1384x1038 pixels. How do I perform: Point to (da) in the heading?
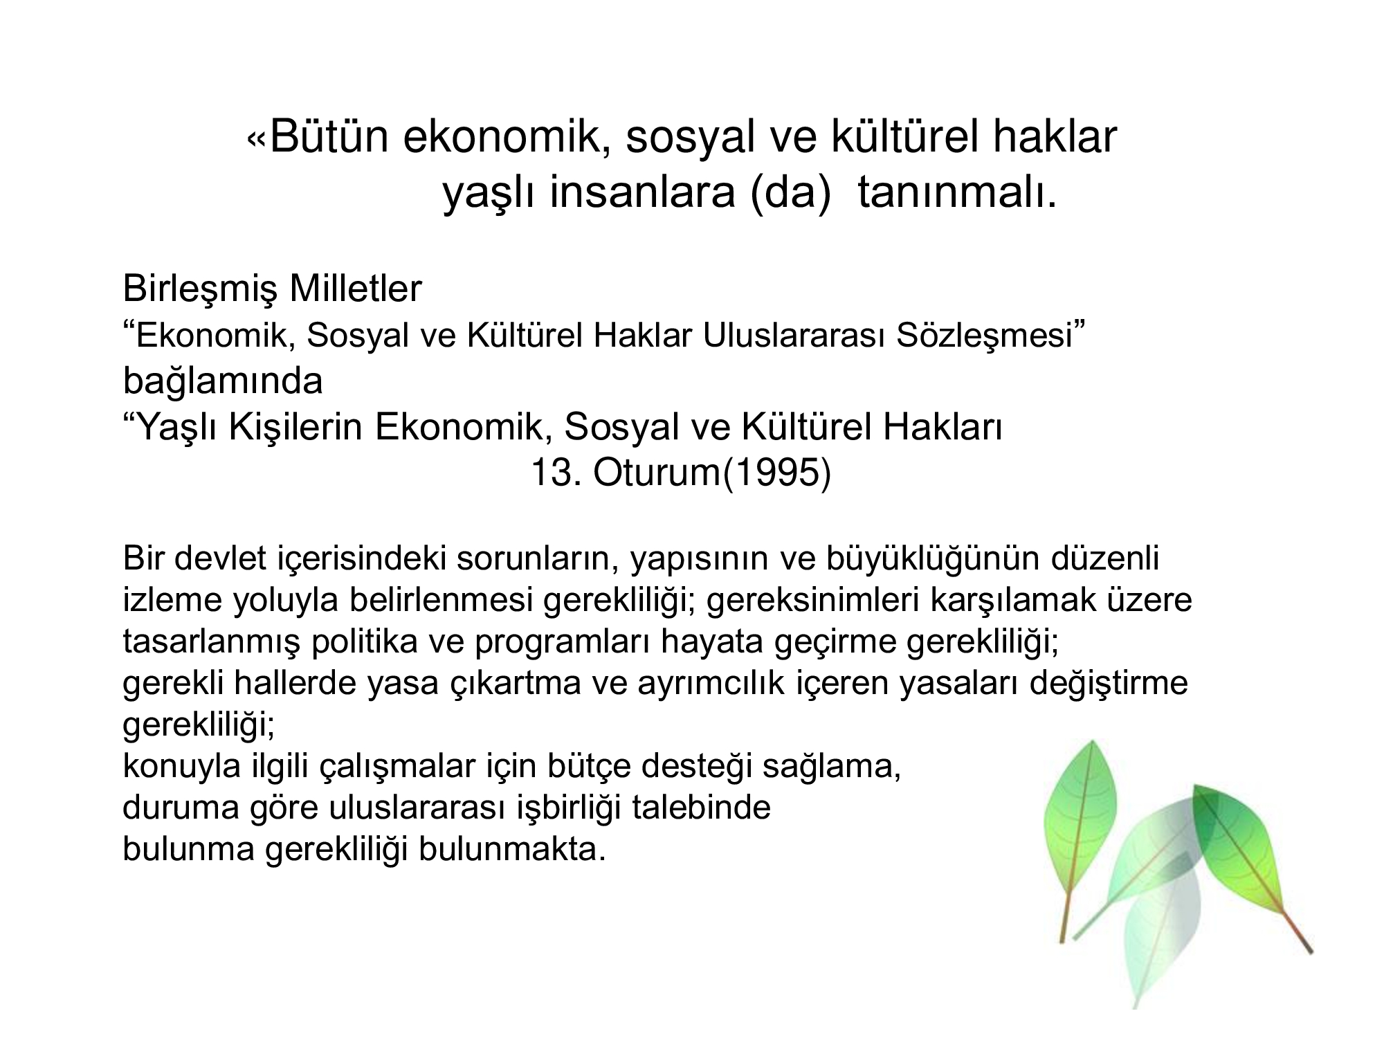coord(790,194)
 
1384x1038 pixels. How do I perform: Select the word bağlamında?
coord(223,382)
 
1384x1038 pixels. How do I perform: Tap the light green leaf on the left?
coord(1080,830)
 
